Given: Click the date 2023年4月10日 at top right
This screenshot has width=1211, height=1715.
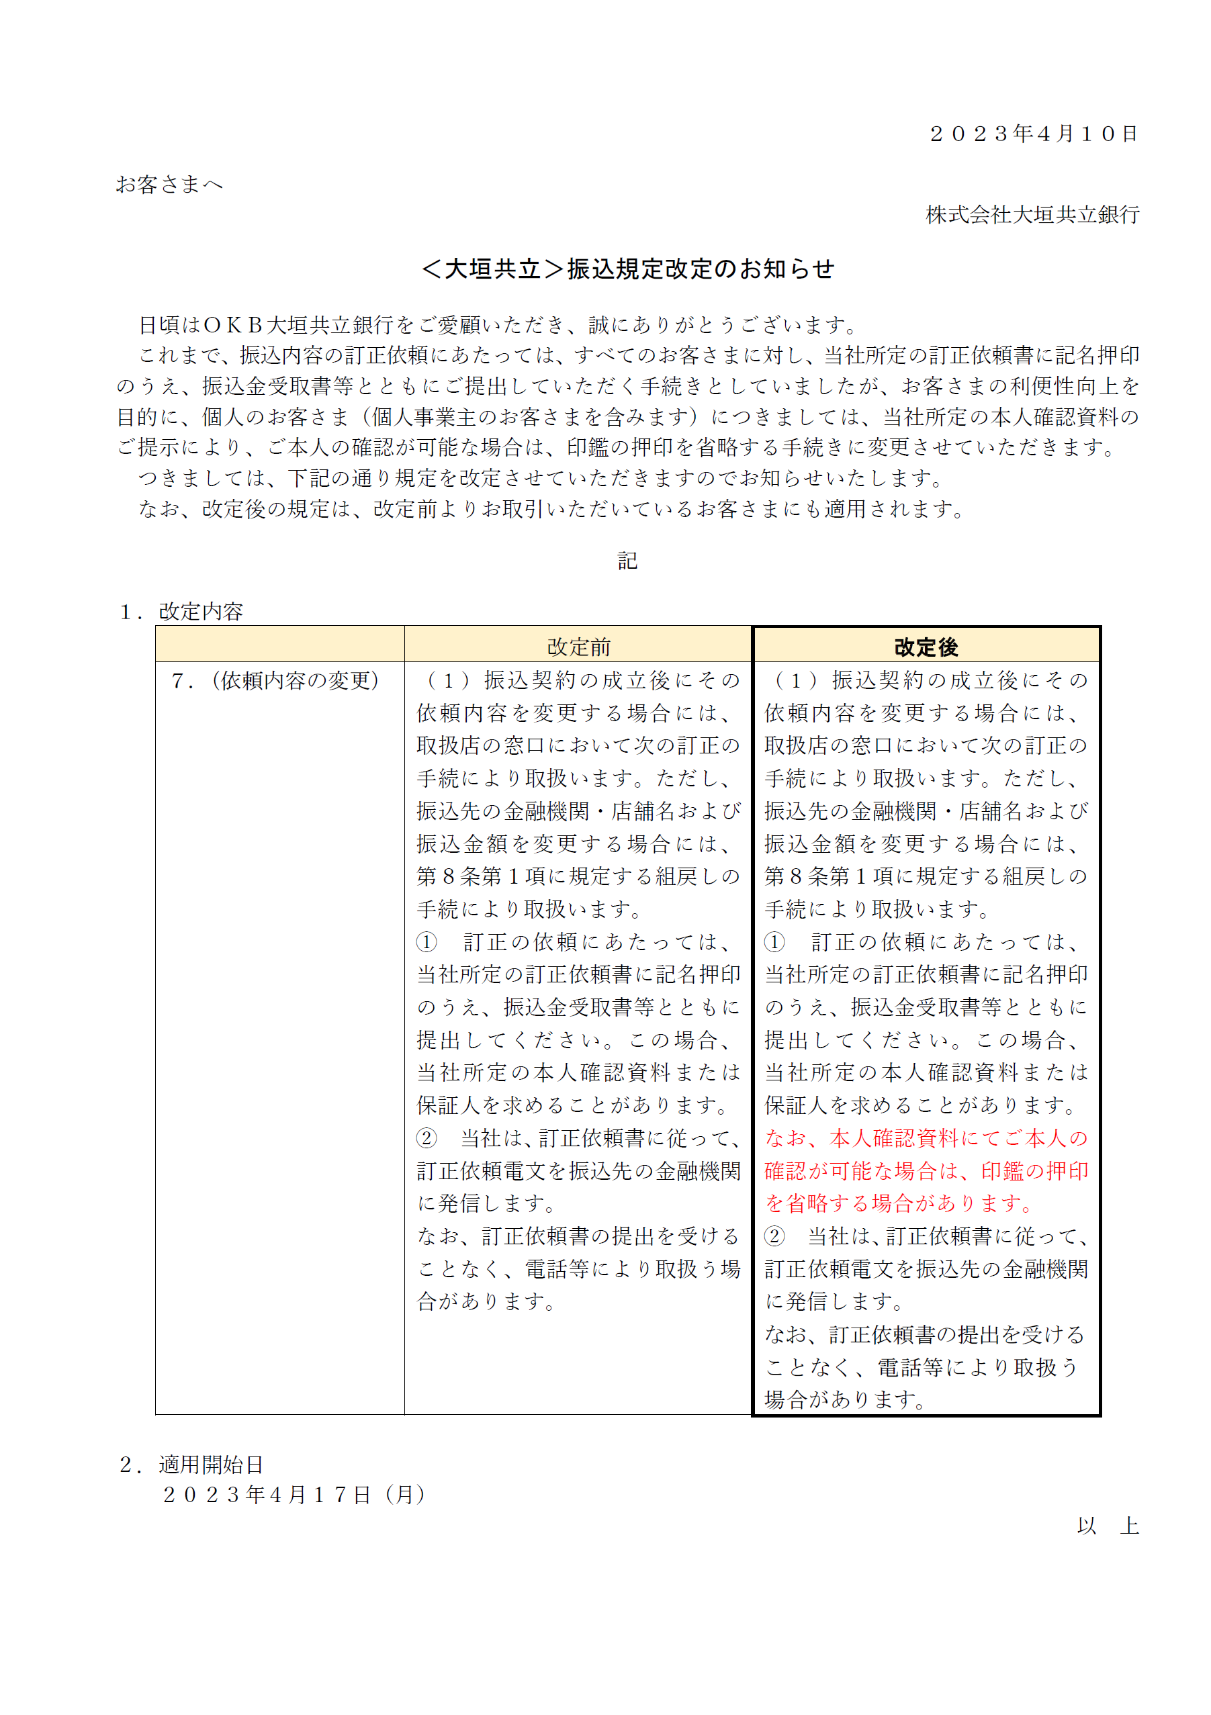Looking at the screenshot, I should [1033, 134].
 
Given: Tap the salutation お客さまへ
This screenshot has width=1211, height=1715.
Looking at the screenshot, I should [169, 185].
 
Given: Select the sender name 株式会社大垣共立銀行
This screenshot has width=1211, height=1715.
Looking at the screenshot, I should [1032, 215].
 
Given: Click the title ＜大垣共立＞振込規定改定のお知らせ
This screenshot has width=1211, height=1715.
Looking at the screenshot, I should [627, 269].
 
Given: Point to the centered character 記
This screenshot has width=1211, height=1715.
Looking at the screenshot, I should [627, 560].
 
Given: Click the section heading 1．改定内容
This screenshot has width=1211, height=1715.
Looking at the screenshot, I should [181, 612].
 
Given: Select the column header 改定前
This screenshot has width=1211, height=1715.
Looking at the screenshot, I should [578, 647].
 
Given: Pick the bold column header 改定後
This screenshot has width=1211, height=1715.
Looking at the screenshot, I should [926, 647].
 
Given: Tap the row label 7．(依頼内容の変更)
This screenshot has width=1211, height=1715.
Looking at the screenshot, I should [275, 680].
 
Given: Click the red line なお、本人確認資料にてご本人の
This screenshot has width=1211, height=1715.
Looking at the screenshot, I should [926, 1138].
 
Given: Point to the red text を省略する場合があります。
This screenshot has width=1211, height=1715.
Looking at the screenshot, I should [899, 1203].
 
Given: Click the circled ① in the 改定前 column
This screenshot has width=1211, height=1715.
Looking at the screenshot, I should [427, 942].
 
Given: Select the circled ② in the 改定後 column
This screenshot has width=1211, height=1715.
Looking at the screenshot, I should [774, 1236].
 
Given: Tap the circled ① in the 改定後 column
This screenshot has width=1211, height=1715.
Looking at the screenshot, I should [774, 942].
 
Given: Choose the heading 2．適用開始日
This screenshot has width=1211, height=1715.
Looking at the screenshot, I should [192, 1465].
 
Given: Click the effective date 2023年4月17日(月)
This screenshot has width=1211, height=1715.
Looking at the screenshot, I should [294, 1495].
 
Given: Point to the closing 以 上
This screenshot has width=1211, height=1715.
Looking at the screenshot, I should [1108, 1526].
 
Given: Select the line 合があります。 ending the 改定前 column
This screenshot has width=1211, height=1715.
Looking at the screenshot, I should [486, 1301].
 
